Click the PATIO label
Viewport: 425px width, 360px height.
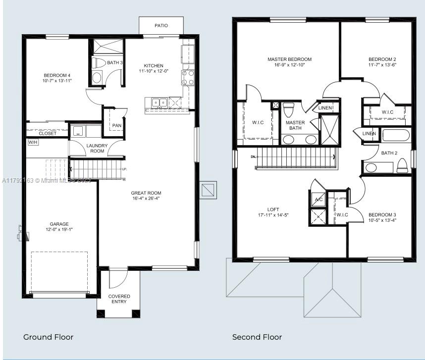(x=161, y=25)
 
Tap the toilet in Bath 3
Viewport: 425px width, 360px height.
(x=99, y=63)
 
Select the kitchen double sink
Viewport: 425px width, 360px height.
(x=159, y=103)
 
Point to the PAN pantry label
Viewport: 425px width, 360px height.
(x=116, y=125)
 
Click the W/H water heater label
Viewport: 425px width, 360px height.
(x=33, y=142)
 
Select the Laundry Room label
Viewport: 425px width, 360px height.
(x=97, y=148)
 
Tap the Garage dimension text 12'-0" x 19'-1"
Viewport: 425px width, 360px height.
(x=59, y=230)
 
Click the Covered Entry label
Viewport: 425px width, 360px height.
(x=119, y=299)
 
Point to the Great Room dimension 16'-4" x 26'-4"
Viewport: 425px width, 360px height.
(x=146, y=199)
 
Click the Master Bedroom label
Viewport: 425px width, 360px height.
(x=289, y=59)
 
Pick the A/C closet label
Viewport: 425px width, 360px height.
(x=319, y=200)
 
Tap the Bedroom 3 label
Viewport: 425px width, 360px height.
(x=382, y=214)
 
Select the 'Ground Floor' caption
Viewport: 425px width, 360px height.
(x=49, y=337)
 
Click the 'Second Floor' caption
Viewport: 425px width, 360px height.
(x=257, y=337)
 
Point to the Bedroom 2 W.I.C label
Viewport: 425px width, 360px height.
(x=387, y=112)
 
